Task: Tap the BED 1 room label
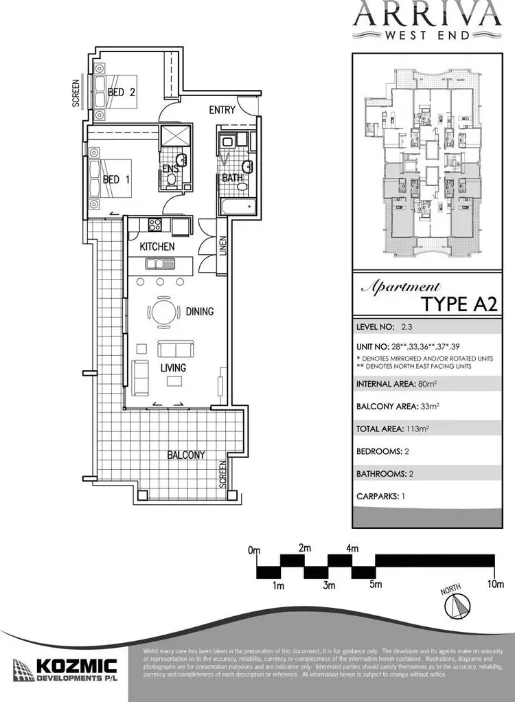coord(117,180)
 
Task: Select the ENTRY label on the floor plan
coord(222,110)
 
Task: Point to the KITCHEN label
coord(157,247)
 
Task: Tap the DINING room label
coord(200,312)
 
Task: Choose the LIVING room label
coord(174,368)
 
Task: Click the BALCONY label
coord(185,455)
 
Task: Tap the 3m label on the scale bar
coord(330,586)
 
